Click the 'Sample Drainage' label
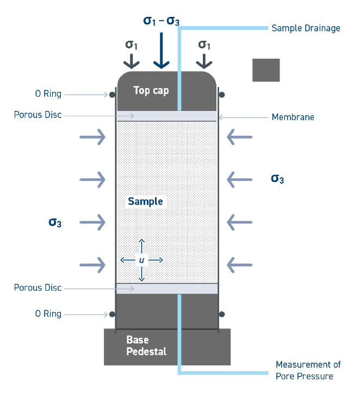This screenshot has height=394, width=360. (306, 28)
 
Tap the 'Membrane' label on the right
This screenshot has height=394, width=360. (293, 117)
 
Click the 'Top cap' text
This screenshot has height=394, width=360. (151, 91)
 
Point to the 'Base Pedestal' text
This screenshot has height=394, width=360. (146, 346)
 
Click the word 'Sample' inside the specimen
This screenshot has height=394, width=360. (145, 202)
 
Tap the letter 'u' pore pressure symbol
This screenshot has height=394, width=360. (142, 260)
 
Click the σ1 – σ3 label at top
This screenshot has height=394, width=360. (161, 21)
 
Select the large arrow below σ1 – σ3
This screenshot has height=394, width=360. (161, 52)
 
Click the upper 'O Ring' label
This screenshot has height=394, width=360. (48, 94)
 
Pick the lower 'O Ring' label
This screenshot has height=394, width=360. (48, 314)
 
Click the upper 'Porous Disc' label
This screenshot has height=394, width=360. (38, 115)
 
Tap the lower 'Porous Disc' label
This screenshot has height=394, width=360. (38, 288)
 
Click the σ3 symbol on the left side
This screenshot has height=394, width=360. (55, 222)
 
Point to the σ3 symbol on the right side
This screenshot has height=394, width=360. (277, 178)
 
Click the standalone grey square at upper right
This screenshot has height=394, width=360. (266, 70)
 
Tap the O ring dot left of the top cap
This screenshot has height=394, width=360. (112, 95)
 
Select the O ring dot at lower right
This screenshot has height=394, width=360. (222, 314)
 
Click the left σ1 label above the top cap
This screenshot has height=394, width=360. (132, 45)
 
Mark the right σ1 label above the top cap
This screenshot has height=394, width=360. (204, 45)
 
